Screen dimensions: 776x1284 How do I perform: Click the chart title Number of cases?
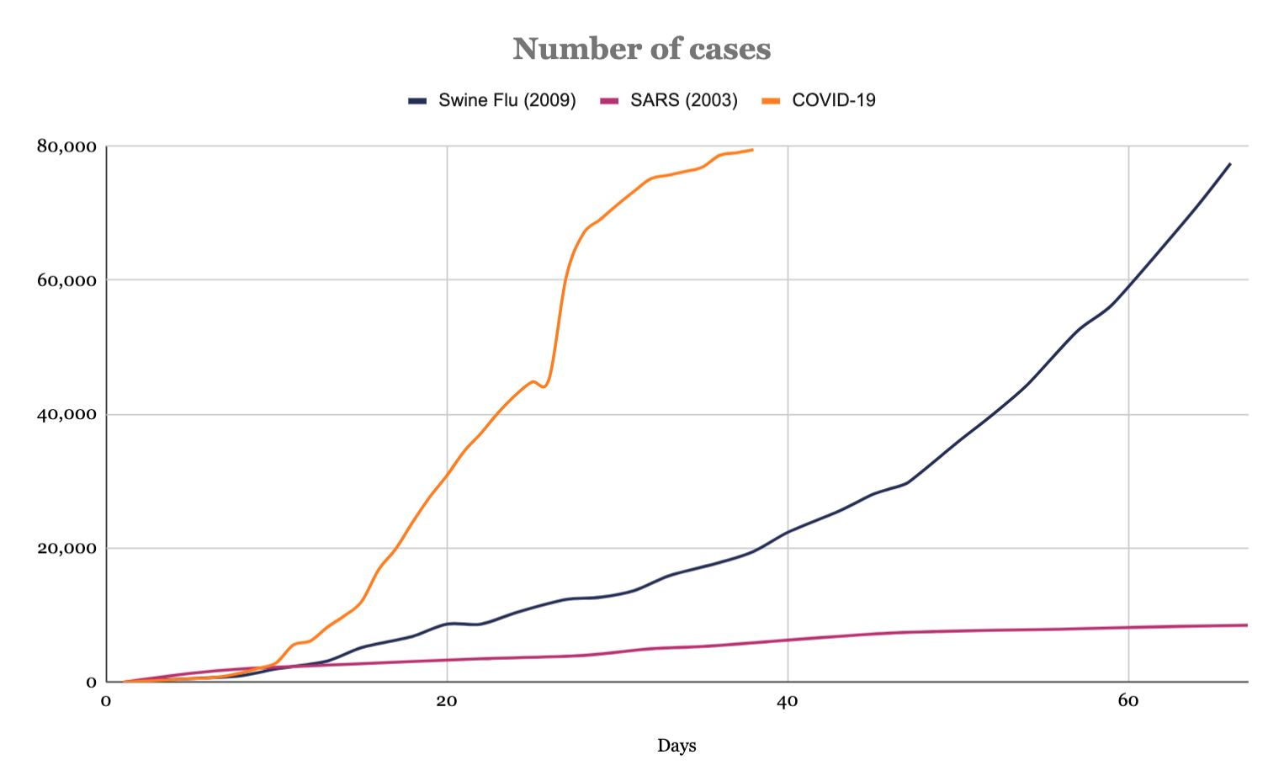point(641,49)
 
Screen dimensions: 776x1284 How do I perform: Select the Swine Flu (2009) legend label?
point(507,101)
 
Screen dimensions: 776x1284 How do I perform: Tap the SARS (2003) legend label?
point(683,101)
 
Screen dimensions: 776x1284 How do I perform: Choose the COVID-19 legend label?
point(833,101)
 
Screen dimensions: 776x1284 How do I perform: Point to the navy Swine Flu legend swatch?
point(418,101)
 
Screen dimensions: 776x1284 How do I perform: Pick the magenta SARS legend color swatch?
point(610,101)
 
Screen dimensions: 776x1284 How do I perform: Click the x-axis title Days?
point(676,746)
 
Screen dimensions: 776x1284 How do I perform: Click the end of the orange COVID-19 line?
point(752,150)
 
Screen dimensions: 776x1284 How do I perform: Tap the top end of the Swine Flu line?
point(1230,163)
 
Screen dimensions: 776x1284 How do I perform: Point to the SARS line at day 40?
point(788,640)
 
